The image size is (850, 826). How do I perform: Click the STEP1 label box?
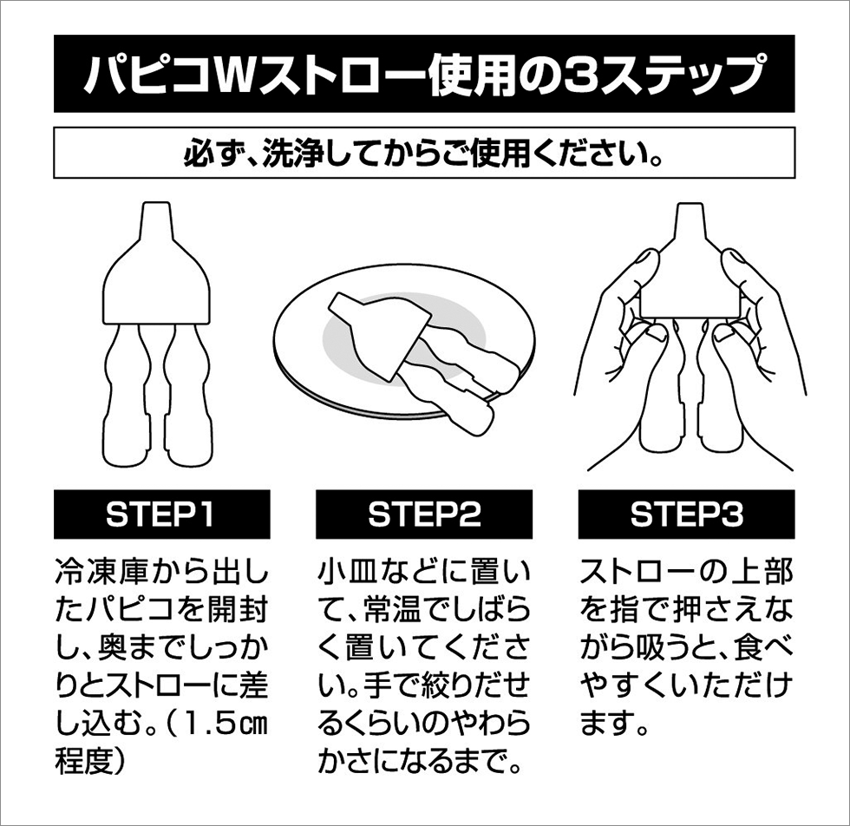(160, 515)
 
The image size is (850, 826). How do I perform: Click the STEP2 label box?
(424, 515)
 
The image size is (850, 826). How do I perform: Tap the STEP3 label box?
(686, 515)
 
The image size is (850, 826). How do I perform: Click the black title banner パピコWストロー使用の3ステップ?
(424, 75)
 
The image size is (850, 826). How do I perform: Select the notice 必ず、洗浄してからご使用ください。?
(424, 155)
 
